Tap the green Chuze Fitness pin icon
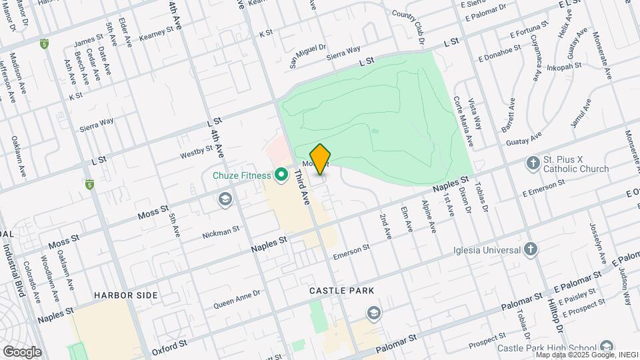[x=281, y=175]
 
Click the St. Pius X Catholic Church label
[x=575, y=164]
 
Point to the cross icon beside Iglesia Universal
[x=531, y=250]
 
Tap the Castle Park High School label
[x=546, y=347]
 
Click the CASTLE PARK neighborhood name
[x=341, y=291]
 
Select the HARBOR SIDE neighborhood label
[x=126, y=295]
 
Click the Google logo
[x=22, y=351]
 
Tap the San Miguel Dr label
[x=307, y=55]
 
